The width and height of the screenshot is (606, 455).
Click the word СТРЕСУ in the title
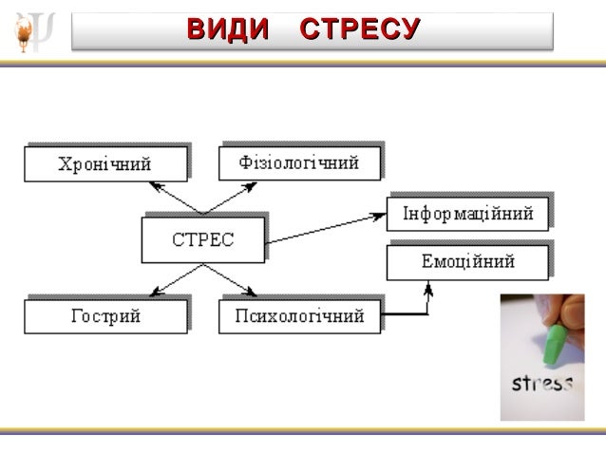(x=358, y=29)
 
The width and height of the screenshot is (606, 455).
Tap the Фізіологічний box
(x=299, y=162)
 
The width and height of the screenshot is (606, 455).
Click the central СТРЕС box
(x=202, y=238)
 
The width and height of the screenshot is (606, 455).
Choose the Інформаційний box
(x=467, y=214)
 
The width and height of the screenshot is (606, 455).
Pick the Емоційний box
(x=467, y=261)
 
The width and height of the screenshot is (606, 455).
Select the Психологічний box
(x=299, y=315)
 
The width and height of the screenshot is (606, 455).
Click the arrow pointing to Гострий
(x=177, y=280)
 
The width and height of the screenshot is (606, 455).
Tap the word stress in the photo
(x=542, y=385)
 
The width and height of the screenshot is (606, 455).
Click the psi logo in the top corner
(x=34, y=31)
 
